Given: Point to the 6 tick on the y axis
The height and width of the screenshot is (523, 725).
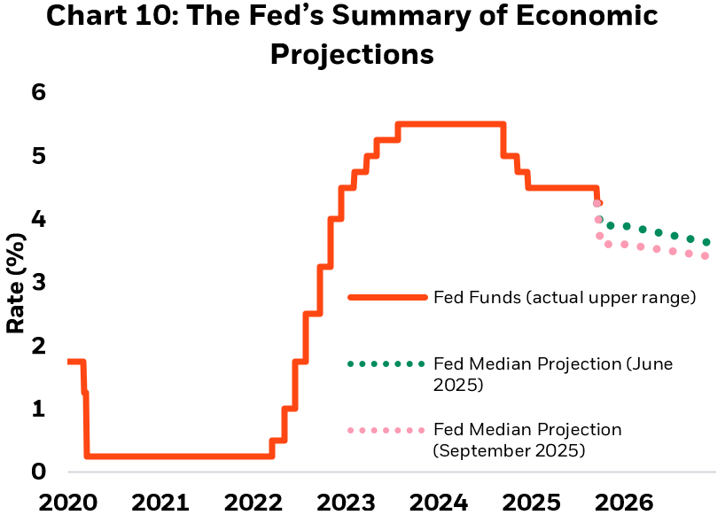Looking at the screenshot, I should (38, 92).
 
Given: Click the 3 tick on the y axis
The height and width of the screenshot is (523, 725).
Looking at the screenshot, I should (38, 282).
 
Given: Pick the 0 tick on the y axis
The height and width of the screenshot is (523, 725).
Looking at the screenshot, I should (38, 471).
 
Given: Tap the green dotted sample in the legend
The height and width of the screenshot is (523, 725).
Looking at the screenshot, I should (386, 363).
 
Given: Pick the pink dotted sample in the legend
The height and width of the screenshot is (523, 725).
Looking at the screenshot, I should (386, 430).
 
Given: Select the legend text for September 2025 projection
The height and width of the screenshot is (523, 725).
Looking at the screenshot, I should (527, 440).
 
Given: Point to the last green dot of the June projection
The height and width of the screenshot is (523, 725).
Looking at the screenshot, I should (706, 242).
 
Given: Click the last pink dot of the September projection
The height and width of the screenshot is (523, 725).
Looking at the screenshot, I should (705, 256).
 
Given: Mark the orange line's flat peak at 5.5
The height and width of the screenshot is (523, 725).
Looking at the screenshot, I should (452, 124).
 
